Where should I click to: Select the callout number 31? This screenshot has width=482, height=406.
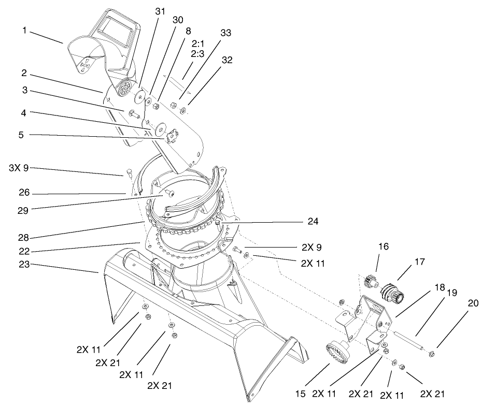pos(161,12)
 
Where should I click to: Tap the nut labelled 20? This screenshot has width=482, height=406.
pos(431,354)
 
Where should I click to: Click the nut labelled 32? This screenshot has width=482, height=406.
pos(183,111)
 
